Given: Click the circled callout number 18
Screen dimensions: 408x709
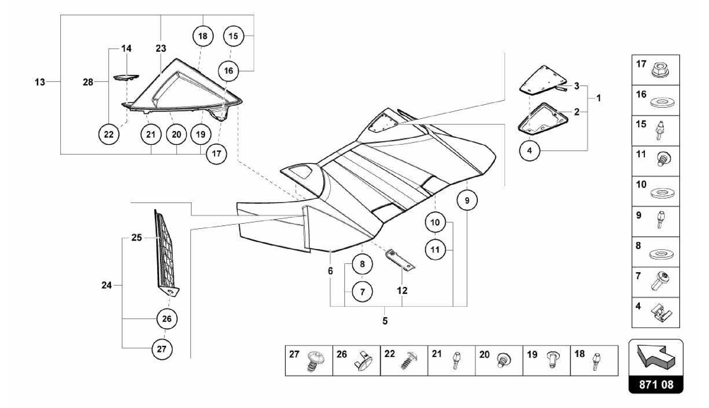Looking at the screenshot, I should click(203, 36).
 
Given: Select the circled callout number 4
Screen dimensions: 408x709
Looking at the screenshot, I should click(529, 151).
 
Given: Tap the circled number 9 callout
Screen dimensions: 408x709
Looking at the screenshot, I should click(467, 200).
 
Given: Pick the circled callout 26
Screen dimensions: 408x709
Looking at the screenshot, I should click(167, 319).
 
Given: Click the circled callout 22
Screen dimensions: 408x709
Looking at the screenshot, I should click(109, 134).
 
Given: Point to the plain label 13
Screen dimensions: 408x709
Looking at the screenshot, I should click(40, 82).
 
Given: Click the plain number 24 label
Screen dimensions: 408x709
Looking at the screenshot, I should click(107, 285).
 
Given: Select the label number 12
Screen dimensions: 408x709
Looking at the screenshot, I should click(402, 291).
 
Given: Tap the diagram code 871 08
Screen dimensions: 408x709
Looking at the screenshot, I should click(656, 384).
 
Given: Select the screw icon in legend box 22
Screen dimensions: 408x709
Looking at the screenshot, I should click(409, 361).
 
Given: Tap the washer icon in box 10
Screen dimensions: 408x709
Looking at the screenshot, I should click(662, 193).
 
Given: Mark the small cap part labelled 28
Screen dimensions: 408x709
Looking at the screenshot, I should click(126, 78).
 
